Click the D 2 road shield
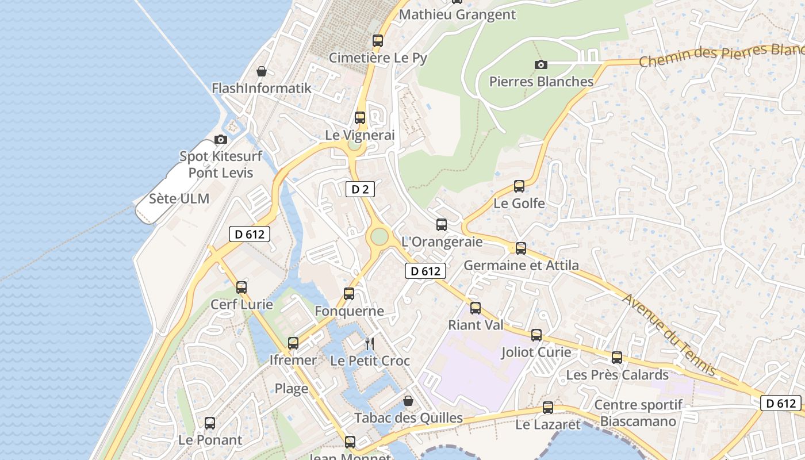pos(360,189)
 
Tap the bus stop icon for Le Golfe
pos(519,186)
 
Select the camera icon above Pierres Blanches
pos(540,64)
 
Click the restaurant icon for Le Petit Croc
pos(370,344)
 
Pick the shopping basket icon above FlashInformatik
pos(262,71)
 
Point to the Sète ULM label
pos(179,199)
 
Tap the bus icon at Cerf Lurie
pos(241,287)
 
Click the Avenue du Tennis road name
pos(670,334)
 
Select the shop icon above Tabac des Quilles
pos(408,401)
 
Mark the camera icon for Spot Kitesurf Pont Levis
pos(220,139)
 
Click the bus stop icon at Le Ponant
pos(210,423)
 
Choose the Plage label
pos(291,389)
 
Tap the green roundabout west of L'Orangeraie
pos(379,236)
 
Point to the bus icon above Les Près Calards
pos(617,358)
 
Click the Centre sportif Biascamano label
pos(638,413)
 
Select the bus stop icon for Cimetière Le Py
pos(378,41)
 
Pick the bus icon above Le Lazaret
pos(548,408)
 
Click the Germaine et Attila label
pos(521,265)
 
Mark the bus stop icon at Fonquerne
pos(349,294)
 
